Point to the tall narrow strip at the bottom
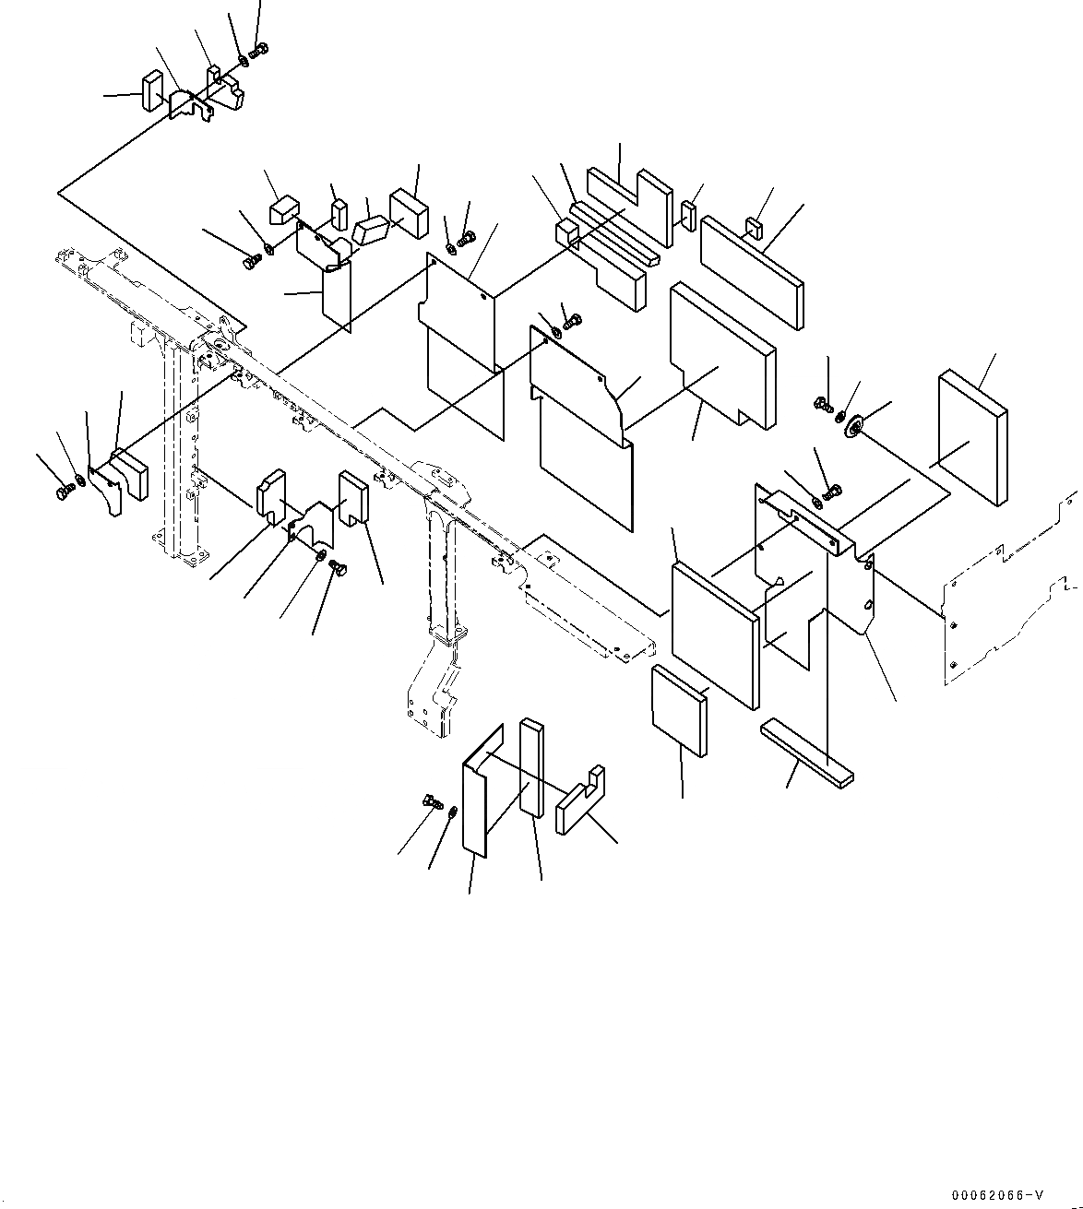point(531,767)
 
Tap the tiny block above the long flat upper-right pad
point(754,226)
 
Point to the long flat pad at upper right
point(752,269)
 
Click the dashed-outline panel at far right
point(1010,599)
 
